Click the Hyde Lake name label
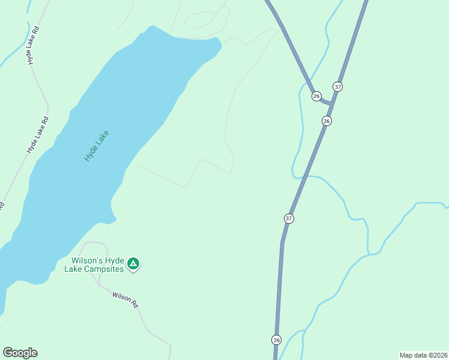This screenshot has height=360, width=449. click(x=97, y=146)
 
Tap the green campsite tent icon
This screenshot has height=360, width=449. click(x=134, y=263)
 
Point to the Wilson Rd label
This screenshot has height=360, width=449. click(x=125, y=299)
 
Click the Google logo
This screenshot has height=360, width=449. click(x=20, y=353)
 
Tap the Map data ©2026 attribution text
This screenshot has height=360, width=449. click(x=423, y=355)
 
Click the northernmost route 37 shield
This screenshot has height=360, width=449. click(x=338, y=87)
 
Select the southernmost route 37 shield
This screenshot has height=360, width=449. click(x=289, y=218)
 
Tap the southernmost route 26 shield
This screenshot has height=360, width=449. click(x=276, y=340)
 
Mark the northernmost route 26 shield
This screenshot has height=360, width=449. click(x=316, y=96)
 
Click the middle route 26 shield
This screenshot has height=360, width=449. click(x=327, y=121)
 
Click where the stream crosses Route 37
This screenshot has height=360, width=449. click(x=306, y=176)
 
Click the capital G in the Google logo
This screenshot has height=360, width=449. click(x=7, y=353)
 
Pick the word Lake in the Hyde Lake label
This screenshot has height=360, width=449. click(x=101, y=139)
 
